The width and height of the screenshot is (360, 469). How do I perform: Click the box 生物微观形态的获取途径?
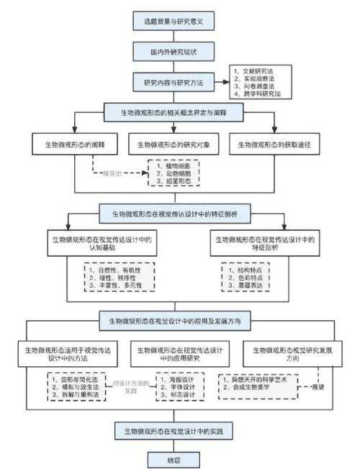click(x=276, y=144)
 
